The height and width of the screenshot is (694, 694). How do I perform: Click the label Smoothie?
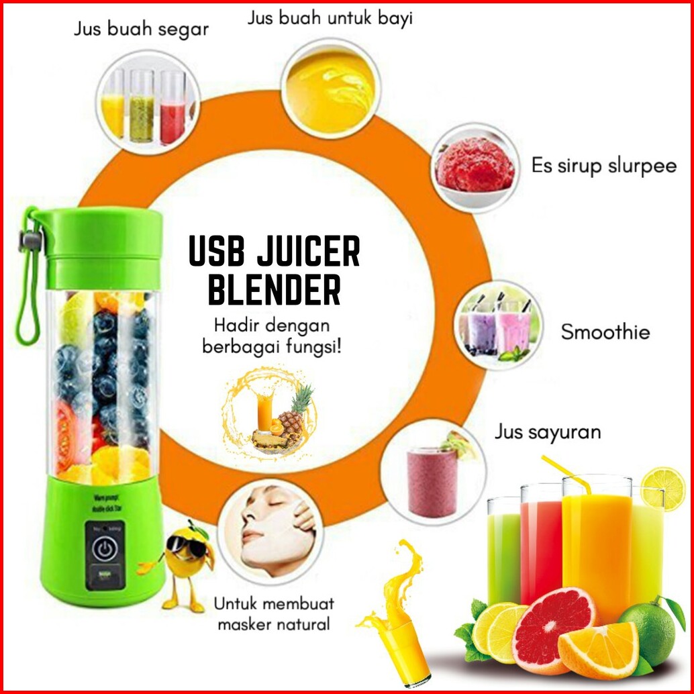point(605,332)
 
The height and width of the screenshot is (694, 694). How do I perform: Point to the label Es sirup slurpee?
point(603,166)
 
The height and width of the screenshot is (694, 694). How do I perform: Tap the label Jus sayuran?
point(548,432)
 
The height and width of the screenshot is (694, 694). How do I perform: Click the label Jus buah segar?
point(142,30)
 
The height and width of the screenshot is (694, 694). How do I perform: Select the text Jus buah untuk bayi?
point(330,18)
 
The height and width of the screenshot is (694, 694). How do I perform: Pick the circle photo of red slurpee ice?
point(475,166)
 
